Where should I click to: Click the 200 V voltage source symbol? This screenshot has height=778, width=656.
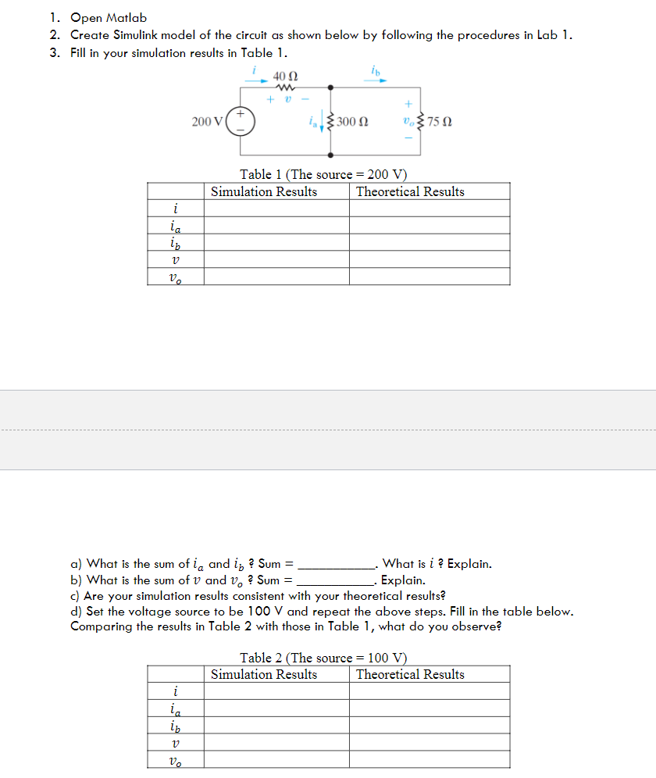[241, 122]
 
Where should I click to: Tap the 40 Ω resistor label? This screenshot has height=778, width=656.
[285, 77]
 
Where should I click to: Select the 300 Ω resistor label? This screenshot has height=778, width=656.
[353, 122]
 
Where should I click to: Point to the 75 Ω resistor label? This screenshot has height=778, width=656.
[441, 122]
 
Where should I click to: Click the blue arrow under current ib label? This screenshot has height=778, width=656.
[377, 80]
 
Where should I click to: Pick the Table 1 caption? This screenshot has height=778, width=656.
[323, 174]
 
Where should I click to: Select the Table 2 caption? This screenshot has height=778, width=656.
[323, 658]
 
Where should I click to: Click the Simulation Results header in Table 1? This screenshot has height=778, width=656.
[264, 191]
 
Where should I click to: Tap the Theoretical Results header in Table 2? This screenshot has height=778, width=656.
[410, 674]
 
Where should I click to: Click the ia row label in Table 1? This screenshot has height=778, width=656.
[176, 226]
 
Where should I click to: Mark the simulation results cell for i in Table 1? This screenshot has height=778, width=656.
[276, 209]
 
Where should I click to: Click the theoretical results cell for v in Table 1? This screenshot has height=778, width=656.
[430, 259]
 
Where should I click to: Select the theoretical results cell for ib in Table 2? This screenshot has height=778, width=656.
[430, 725]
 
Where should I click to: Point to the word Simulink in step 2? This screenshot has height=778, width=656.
[137, 35]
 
